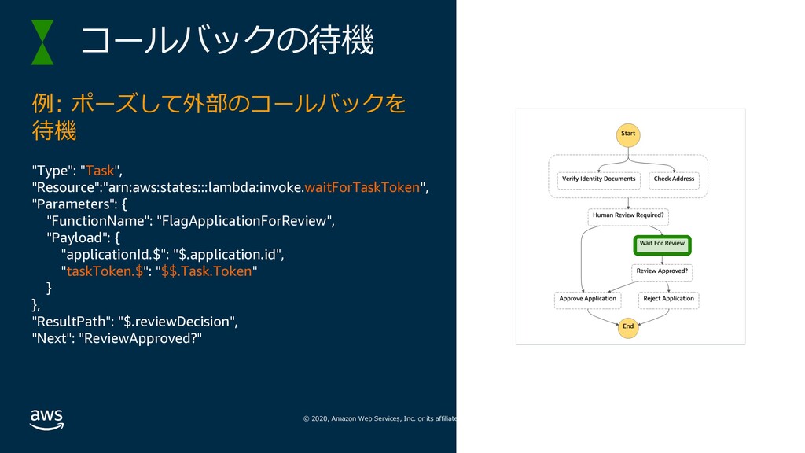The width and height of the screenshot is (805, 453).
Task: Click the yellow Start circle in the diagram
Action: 628,135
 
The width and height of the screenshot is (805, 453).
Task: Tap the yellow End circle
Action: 628,327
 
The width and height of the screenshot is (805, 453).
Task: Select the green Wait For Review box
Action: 662,245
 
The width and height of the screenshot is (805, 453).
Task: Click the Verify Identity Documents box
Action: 598,180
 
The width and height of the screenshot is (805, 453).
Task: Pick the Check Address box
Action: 674,180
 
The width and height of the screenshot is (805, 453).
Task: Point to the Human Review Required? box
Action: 628,217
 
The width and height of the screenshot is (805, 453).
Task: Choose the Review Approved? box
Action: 662,272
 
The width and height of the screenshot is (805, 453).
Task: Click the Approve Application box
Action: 588,300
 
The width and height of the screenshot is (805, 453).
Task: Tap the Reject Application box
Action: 668,300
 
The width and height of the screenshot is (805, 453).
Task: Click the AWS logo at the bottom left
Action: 46,420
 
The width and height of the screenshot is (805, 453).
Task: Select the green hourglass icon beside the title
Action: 42,42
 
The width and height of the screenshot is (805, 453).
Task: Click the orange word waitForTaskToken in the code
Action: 362,187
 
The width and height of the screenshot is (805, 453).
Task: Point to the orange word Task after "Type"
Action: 100,171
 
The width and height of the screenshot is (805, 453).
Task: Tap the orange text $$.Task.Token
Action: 207,271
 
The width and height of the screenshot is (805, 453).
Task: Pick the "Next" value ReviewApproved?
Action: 140,338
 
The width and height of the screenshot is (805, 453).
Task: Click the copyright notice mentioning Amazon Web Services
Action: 380,418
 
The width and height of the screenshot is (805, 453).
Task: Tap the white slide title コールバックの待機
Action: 227,40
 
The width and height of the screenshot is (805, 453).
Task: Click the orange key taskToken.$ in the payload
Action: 105,271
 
